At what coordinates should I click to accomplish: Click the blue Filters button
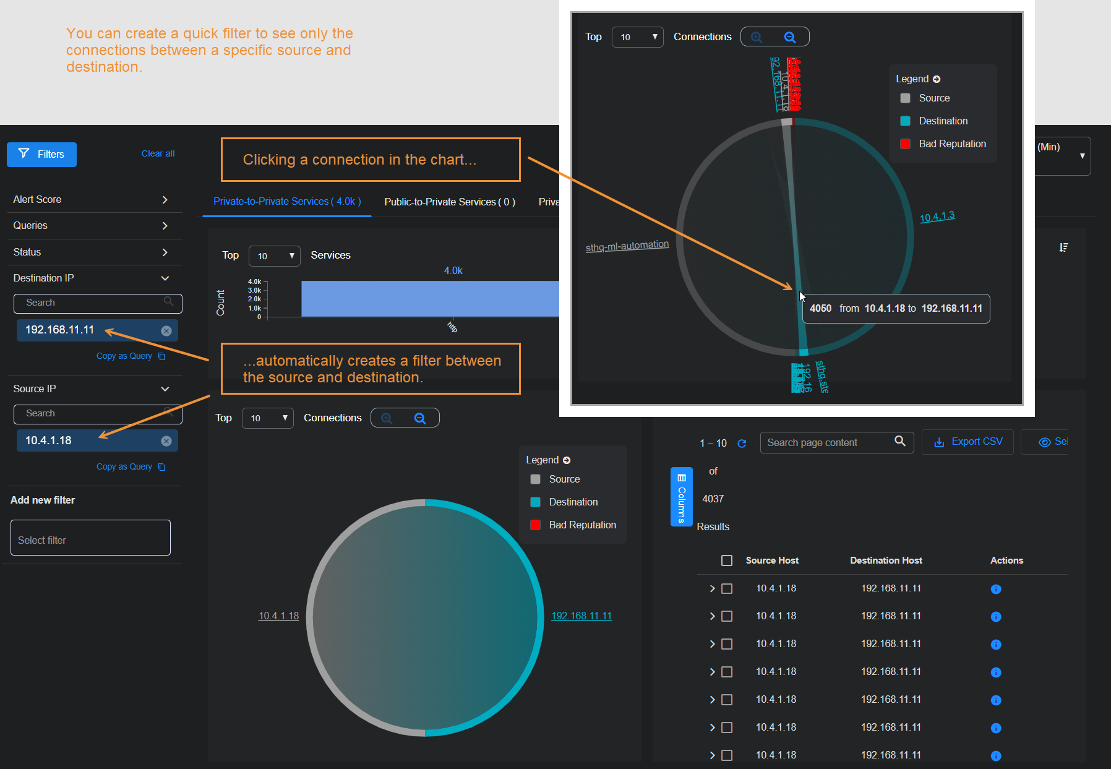pyautogui.click(x=41, y=155)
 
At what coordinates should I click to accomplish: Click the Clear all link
pyautogui.click(x=158, y=153)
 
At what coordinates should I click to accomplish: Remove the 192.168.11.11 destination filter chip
pyautogui.click(x=166, y=331)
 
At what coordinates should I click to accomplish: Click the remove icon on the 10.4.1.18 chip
pyautogui.click(x=166, y=441)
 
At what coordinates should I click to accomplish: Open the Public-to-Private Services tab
pyautogui.click(x=449, y=202)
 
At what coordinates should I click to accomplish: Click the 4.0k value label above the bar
pyautogui.click(x=453, y=270)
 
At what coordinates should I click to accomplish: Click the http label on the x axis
pyautogui.click(x=452, y=327)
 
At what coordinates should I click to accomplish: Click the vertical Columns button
pyautogui.click(x=681, y=497)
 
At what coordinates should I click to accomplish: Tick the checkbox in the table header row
pyautogui.click(x=727, y=561)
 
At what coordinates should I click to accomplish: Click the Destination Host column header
pyautogui.click(x=886, y=561)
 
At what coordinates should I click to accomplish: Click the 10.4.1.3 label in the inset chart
pyautogui.click(x=937, y=217)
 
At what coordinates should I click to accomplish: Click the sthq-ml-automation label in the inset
pyautogui.click(x=627, y=246)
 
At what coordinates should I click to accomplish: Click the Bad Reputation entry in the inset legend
pyautogui.click(x=952, y=144)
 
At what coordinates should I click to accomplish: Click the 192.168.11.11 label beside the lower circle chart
pyautogui.click(x=581, y=616)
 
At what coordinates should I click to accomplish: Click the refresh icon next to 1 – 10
pyautogui.click(x=742, y=444)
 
